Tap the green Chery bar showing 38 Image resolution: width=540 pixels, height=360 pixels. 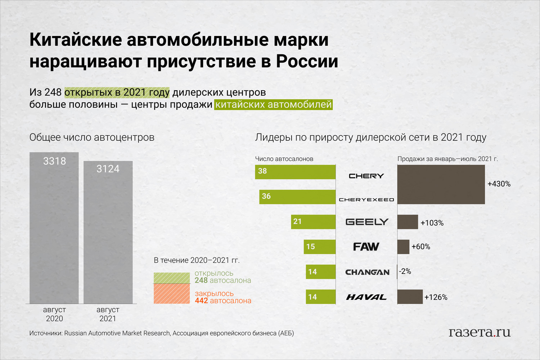point(295,172)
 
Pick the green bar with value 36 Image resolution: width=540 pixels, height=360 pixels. point(297,197)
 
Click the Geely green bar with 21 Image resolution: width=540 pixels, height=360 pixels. point(313,222)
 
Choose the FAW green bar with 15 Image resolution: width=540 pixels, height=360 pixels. point(320,247)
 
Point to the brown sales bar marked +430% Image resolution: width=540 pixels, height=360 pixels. point(441,184)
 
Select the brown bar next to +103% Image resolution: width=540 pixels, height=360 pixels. point(408,222)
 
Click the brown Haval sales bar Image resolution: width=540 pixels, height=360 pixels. point(410,297)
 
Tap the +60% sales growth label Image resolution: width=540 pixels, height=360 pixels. point(421,247)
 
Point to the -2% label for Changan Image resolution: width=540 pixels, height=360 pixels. point(405,271)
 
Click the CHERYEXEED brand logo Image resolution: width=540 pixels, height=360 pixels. point(366,200)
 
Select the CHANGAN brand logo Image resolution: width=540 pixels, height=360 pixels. point(367,272)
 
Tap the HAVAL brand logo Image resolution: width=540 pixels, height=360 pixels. point(366,297)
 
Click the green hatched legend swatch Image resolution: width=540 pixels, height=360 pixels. point(172,278)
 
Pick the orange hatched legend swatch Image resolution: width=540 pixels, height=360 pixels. point(172,294)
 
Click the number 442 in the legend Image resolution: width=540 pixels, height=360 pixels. point(201,301)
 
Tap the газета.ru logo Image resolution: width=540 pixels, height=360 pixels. point(480,332)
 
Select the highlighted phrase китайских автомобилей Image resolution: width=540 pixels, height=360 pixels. point(273,105)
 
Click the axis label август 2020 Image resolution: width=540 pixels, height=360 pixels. point(54,314)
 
